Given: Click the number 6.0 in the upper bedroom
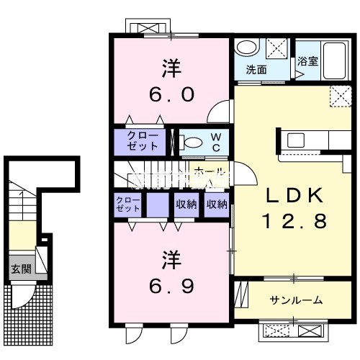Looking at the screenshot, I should pyautogui.click(x=171, y=96).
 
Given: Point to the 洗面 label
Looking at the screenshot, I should pyautogui.click(x=256, y=71).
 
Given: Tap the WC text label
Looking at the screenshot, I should pyautogui.click(x=215, y=141).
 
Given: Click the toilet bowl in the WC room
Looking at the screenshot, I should pyautogui.click(x=191, y=142).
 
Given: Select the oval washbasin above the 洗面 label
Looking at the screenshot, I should pyautogui.click(x=248, y=48).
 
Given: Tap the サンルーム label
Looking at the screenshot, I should pyautogui.click(x=296, y=300).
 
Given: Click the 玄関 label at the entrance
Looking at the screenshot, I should pyautogui.click(x=19, y=269).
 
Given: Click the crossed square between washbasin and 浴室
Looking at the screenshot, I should pyautogui.click(x=277, y=50).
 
